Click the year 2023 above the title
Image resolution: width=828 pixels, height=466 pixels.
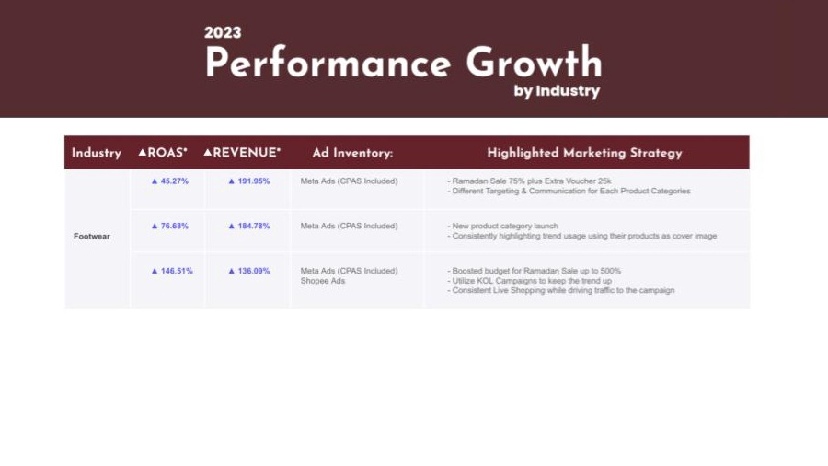(x=223, y=33)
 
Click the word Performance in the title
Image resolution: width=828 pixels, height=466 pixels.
(x=328, y=63)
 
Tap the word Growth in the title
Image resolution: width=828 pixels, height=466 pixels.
(x=534, y=63)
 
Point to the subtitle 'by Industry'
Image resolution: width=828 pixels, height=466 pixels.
(x=558, y=91)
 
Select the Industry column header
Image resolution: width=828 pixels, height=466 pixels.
(x=97, y=153)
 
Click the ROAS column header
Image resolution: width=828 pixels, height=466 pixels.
(x=163, y=153)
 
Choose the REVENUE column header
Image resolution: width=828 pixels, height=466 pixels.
(x=242, y=153)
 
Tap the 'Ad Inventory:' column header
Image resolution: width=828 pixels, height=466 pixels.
(x=352, y=153)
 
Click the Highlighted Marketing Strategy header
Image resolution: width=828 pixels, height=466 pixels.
(x=584, y=153)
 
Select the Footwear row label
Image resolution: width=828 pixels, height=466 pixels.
(x=92, y=236)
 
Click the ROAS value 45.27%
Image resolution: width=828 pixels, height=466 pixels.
(x=169, y=181)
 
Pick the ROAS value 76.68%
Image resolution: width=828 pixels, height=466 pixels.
(x=169, y=227)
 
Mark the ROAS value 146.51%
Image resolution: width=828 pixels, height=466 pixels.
(x=172, y=271)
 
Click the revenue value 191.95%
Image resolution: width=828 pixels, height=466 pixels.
(x=248, y=181)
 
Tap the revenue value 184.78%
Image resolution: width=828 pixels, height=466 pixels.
(x=248, y=227)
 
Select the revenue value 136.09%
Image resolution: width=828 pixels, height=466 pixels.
(x=248, y=271)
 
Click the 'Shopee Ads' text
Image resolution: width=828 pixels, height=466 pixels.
(x=323, y=281)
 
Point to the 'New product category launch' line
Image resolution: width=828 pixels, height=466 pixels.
(x=502, y=227)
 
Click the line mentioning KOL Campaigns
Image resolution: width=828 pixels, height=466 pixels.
(x=530, y=281)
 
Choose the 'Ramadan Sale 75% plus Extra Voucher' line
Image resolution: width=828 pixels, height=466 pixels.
(x=529, y=181)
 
